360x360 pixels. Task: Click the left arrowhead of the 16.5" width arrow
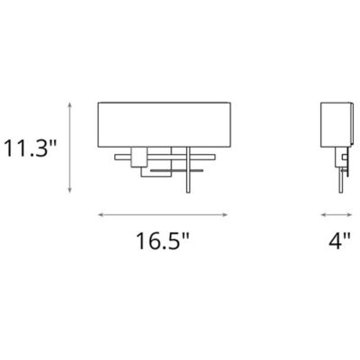point(100,215)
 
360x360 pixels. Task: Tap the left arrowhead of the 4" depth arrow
point(324,215)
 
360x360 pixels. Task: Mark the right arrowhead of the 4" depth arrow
point(353,215)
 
